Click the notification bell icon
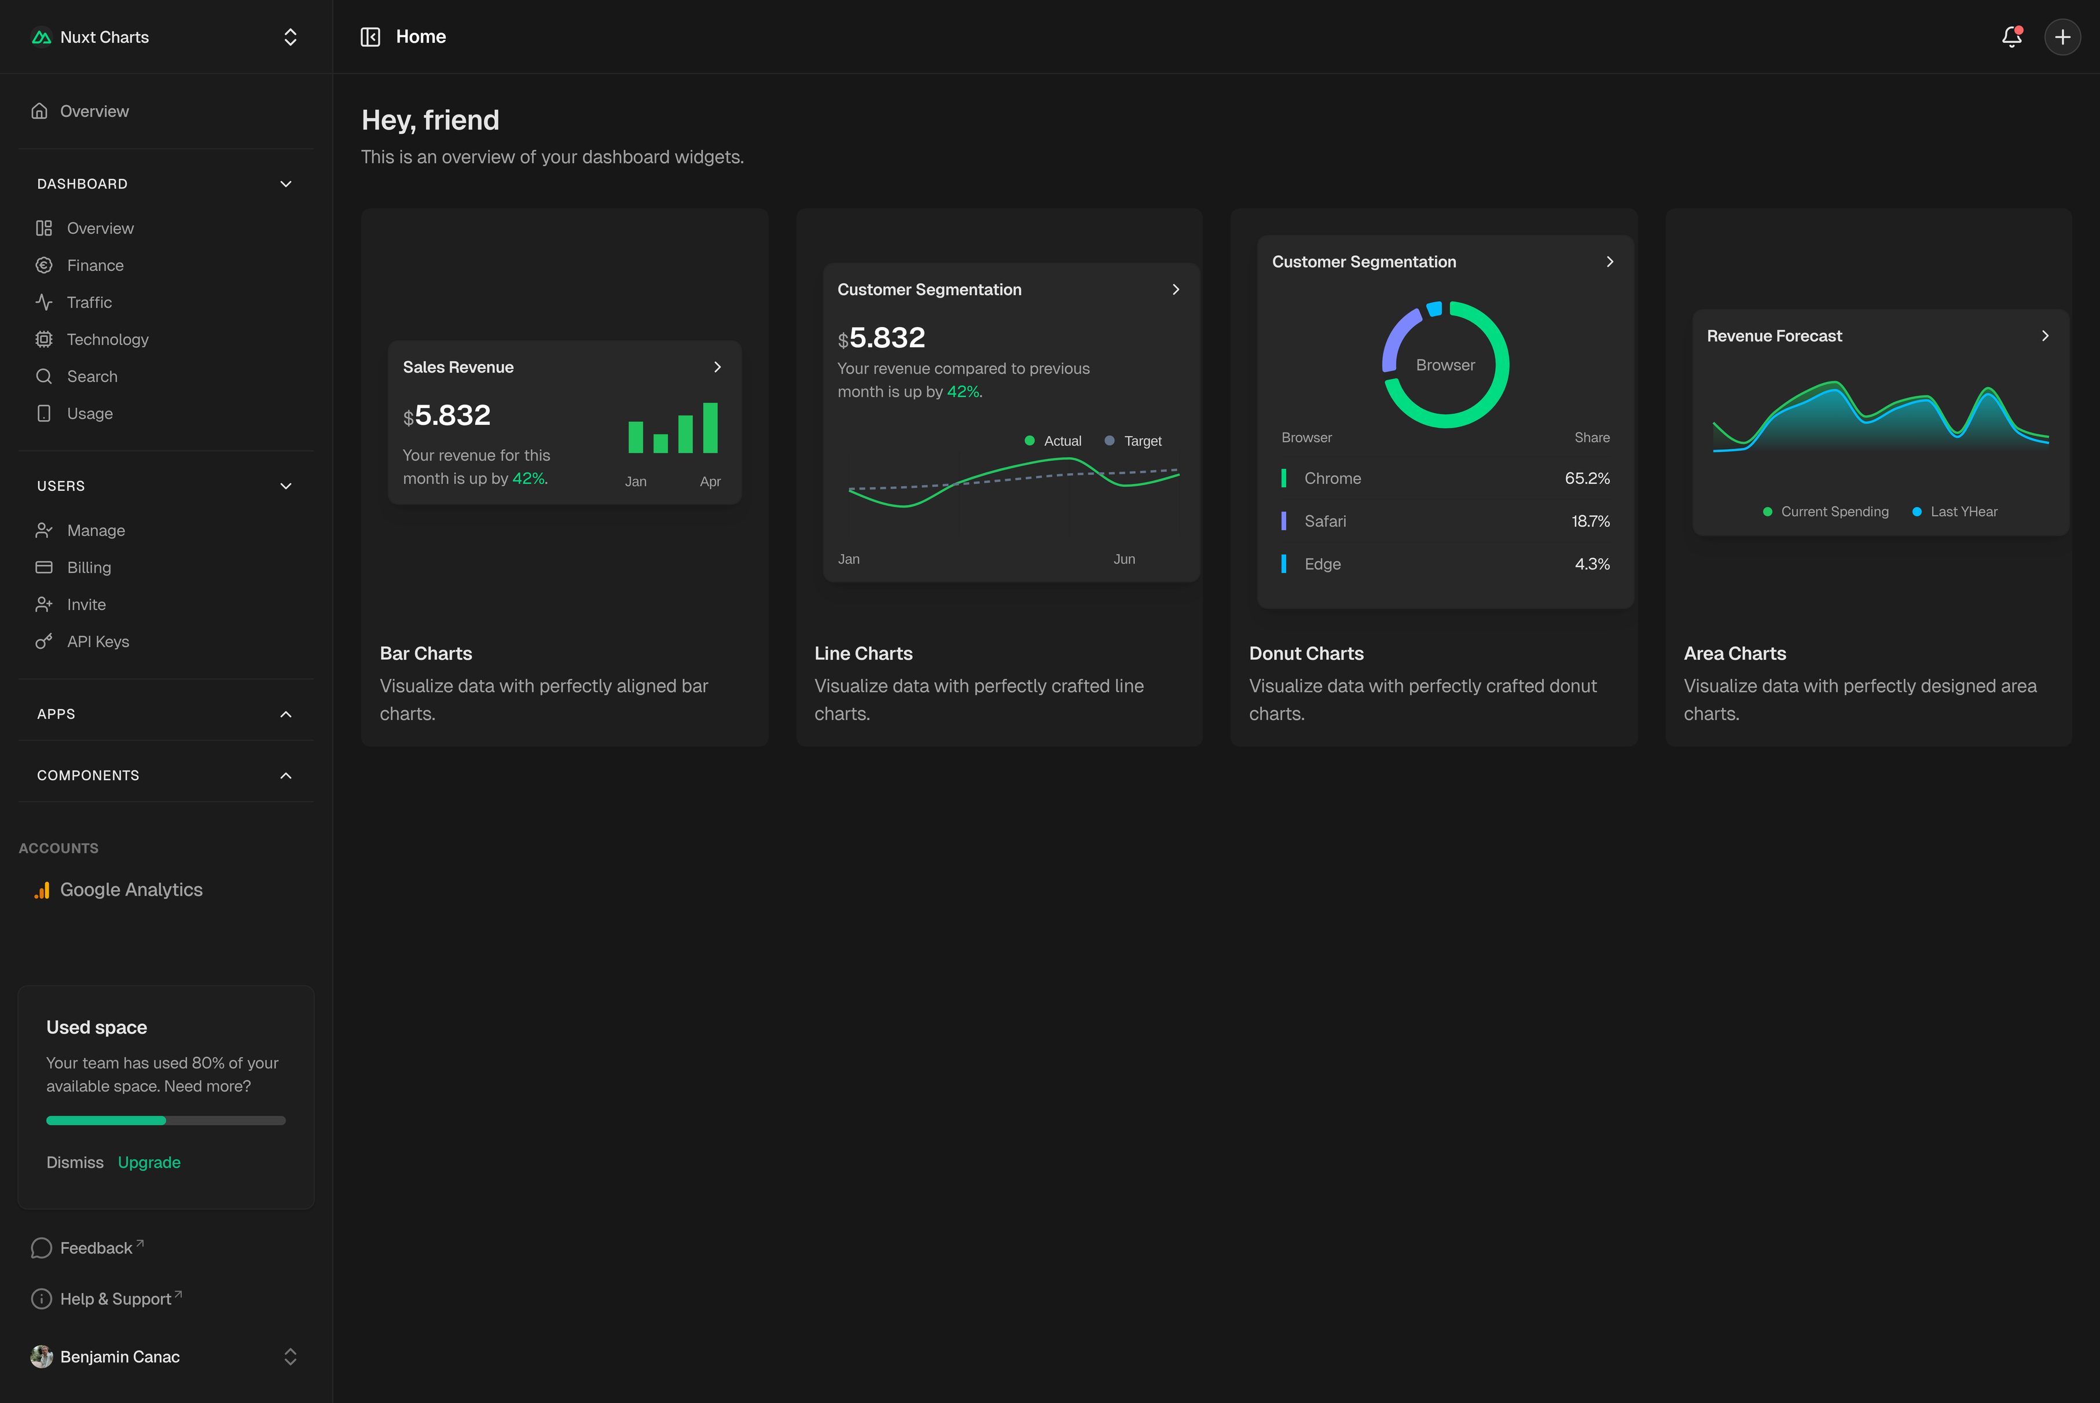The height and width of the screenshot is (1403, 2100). coord(2011,36)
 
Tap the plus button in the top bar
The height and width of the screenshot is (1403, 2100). coord(2062,36)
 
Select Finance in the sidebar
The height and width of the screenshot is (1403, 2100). coord(95,266)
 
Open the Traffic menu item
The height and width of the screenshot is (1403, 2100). coord(90,303)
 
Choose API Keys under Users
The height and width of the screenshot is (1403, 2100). coord(97,641)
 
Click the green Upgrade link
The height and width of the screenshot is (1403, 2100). coord(149,1162)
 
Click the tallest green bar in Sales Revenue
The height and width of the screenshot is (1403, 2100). coord(710,428)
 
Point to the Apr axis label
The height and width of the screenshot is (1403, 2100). coord(710,482)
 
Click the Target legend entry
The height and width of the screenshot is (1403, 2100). coord(1141,441)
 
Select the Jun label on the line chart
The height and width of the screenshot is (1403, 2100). coord(1124,559)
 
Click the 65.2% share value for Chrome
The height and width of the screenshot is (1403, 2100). coord(1587,479)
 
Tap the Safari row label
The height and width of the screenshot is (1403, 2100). coord(1324,521)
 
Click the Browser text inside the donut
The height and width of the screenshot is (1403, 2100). coord(1445,365)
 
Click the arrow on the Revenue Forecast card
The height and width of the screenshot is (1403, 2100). coord(2044,336)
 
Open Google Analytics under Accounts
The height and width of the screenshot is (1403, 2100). coord(131,890)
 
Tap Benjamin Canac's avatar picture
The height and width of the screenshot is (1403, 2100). coord(41,1357)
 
